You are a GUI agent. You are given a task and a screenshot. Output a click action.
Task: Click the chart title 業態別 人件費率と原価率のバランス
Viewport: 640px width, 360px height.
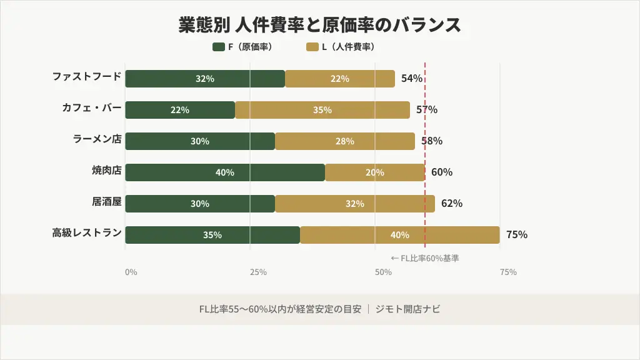tap(319, 25)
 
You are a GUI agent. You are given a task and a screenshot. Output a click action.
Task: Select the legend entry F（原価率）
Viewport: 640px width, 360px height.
tap(242, 47)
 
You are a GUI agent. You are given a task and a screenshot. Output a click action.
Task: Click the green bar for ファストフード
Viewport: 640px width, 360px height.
tap(205, 79)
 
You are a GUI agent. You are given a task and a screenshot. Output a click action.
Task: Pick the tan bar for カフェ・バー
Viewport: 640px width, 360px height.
tap(322, 110)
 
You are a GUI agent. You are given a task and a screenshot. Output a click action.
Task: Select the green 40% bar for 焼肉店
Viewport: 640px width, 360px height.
tap(225, 172)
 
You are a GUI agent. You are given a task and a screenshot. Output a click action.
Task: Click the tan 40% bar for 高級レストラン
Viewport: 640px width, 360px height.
tap(400, 235)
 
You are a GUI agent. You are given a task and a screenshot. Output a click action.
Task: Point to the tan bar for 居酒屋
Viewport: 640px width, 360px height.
tap(355, 204)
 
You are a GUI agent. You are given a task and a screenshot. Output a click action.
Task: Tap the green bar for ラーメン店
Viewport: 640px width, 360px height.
tap(200, 141)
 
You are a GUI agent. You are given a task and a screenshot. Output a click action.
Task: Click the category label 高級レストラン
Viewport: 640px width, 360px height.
tap(86, 233)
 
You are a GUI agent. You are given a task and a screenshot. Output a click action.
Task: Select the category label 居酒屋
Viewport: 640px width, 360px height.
tap(106, 202)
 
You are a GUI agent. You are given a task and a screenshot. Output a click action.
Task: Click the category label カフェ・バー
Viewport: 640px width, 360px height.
tap(91, 108)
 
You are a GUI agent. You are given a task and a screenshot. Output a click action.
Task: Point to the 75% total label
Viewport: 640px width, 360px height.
tap(517, 235)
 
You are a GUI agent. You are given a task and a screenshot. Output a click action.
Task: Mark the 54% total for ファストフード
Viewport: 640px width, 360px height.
tap(412, 79)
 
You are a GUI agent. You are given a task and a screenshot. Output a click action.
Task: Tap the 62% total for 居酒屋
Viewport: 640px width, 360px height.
tap(452, 204)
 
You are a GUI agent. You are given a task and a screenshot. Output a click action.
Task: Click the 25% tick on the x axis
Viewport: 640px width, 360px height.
tap(258, 272)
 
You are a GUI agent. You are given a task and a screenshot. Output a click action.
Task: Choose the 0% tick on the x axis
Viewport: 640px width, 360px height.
tap(131, 272)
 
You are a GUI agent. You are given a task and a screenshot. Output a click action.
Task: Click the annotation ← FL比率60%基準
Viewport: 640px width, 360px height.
tap(424, 258)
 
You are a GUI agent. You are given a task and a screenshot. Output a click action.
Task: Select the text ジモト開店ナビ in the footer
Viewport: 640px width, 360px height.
tap(407, 309)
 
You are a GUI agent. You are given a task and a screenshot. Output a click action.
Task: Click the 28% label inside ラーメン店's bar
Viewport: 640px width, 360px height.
tap(345, 141)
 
